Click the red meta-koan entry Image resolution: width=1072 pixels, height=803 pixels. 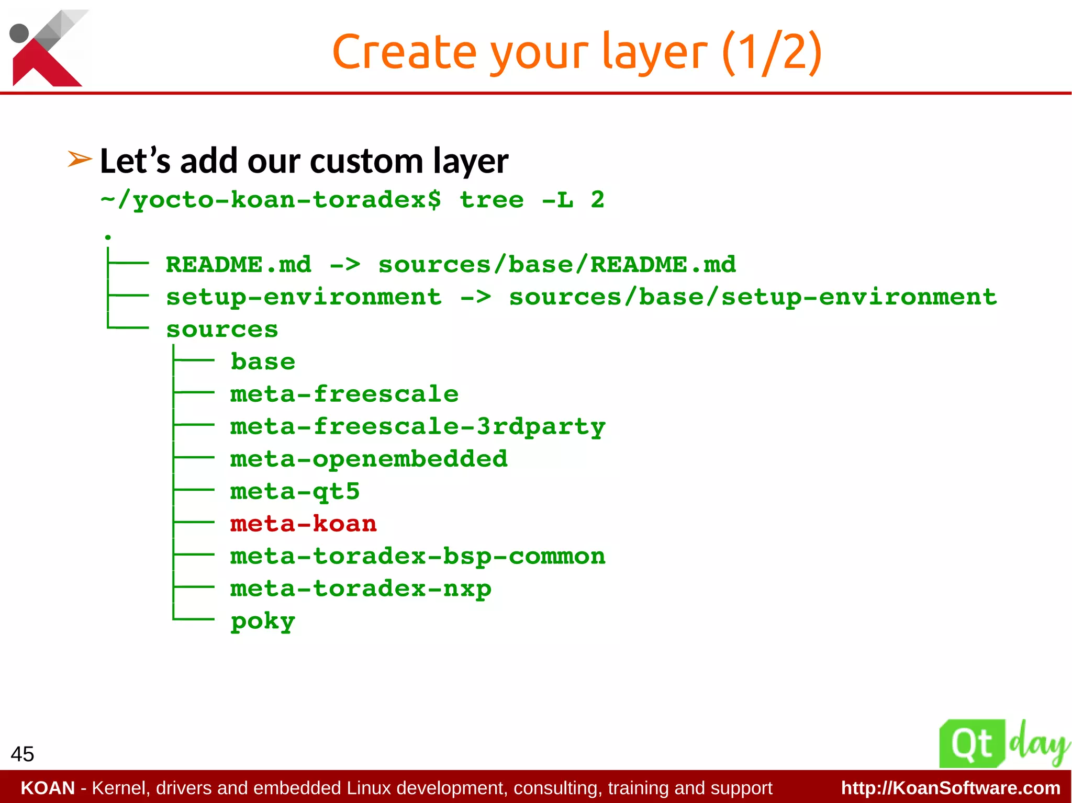(x=303, y=524)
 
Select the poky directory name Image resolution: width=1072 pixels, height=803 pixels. (x=263, y=621)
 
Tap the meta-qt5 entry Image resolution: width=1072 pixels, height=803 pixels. (x=295, y=491)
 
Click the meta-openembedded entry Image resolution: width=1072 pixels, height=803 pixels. (x=368, y=459)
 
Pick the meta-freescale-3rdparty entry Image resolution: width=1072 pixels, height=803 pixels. (x=417, y=426)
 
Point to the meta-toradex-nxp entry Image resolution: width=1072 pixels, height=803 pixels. (x=361, y=589)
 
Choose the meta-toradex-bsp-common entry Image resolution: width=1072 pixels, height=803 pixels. (x=417, y=556)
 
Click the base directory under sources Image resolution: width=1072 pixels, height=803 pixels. (x=263, y=361)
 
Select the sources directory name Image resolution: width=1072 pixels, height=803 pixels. (x=222, y=329)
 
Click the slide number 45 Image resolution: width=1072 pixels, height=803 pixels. (x=22, y=754)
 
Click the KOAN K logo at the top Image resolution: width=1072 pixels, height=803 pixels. (x=47, y=48)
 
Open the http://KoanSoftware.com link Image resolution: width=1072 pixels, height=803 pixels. (x=950, y=788)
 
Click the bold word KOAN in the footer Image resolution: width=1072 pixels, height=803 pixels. (x=48, y=788)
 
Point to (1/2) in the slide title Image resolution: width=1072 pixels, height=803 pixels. (x=772, y=52)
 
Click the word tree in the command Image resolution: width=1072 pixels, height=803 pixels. (x=491, y=199)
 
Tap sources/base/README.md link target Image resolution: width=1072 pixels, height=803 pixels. (x=557, y=265)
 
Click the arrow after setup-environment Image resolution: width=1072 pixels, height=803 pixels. (x=475, y=297)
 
